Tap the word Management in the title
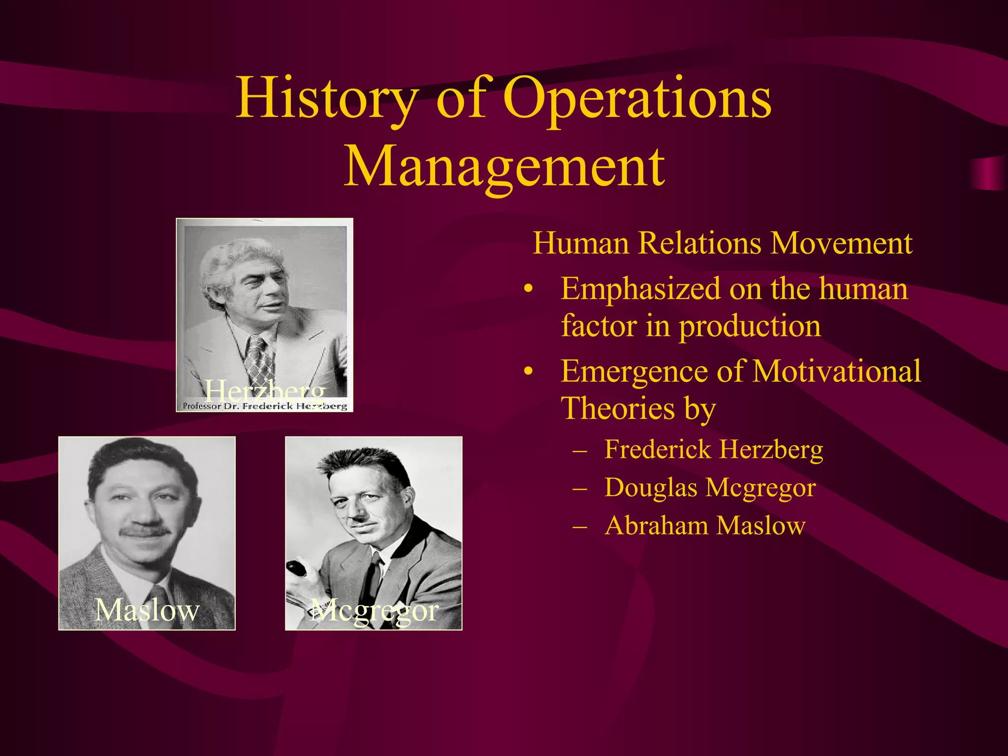[504, 166]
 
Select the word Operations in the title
[637, 98]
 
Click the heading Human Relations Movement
[722, 243]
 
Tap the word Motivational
[836, 371]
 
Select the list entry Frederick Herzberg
[713, 449]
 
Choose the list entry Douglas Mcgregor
[710, 488]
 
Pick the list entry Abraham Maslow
[705, 526]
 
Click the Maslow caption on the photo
[147, 610]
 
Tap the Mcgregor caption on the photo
[374, 611]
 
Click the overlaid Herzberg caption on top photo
[265, 391]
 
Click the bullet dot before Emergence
[528, 372]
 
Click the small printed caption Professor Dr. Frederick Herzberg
[265, 407]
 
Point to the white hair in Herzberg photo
[236, 258]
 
